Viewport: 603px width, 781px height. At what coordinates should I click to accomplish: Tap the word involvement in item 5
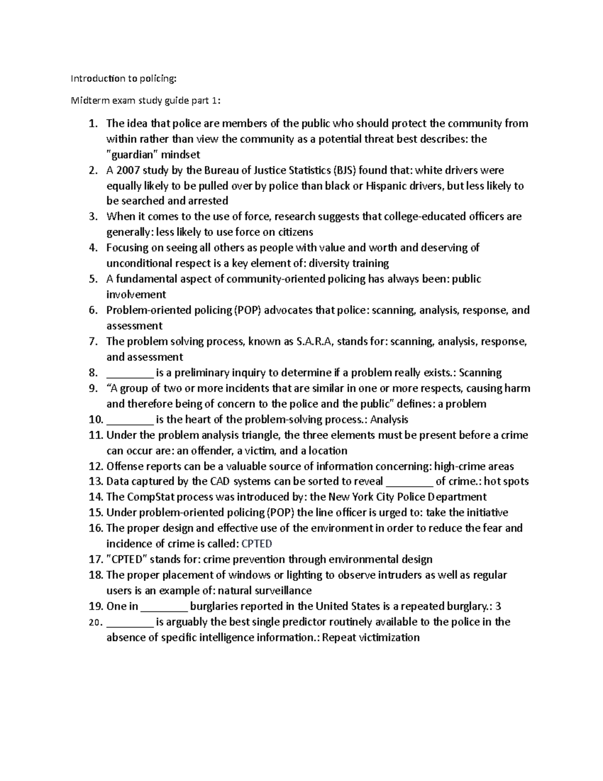coord(136,294)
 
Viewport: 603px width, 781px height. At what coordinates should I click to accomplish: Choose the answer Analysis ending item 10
coord(389,419)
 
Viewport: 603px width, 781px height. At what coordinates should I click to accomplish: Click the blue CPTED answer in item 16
coord(257,544)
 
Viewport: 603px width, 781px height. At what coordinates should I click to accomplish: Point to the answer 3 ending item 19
coord(498,606)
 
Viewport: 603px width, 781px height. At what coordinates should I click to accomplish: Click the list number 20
coord(94,623)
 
